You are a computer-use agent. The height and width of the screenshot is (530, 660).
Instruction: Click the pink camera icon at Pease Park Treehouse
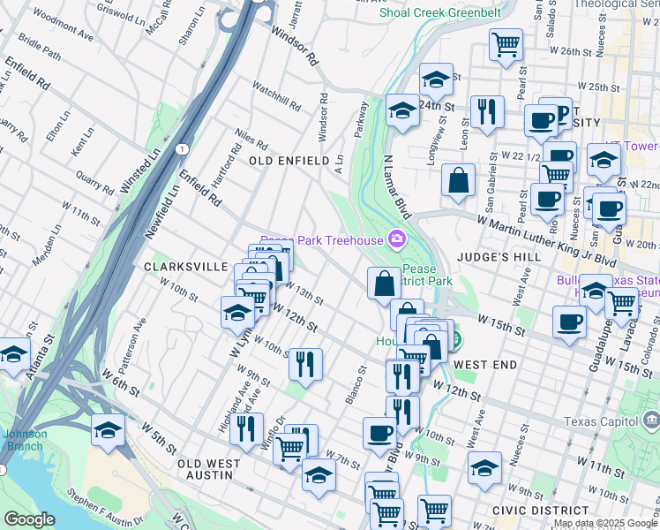tap(397, 239)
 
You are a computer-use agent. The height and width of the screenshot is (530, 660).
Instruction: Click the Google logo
tap(29, 519)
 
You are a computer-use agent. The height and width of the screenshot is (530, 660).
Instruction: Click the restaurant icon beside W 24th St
tap(487, 111)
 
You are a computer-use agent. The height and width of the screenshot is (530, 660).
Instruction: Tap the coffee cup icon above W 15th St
tap(569, 321)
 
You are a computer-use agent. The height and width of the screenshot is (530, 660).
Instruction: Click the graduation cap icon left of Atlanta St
tap(13, 353)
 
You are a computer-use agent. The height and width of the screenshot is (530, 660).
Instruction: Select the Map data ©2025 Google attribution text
tap(605, 523)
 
